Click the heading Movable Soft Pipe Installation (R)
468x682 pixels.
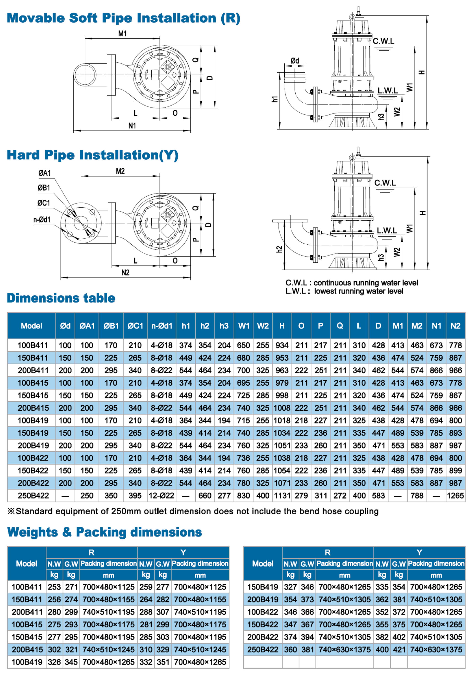click(x=123, y=18)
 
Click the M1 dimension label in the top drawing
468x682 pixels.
click(x=122, y=34)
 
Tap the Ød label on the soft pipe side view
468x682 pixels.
click(x=295, y=61)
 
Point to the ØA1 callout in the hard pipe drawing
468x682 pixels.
click(x=45, y=173)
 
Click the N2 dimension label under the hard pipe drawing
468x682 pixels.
click(x=125, y=273)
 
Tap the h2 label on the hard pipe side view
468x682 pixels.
click(x=279, y=249)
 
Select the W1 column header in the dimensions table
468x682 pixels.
click(x=243, y=326)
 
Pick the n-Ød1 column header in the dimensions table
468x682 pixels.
click(x=161, y=326)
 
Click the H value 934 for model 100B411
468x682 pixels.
click(x=282, y=345)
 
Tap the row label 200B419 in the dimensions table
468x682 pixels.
click(x=33, y=445)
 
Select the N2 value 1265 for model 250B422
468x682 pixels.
click(x=455, y=496)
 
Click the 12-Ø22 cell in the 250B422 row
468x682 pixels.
click(x=161, y=496)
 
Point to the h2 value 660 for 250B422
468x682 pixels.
click(x=205, y=496)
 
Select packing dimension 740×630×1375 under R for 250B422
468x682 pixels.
click(x=344, y=649)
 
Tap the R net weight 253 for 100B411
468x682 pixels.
click(x=54, y=587)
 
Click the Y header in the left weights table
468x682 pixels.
click(x=183, y=552)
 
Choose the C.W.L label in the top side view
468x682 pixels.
click(x=383, y=41)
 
